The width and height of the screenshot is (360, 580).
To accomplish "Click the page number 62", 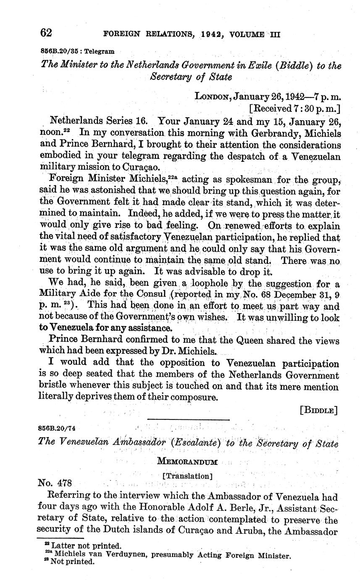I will click(x=46, y=32).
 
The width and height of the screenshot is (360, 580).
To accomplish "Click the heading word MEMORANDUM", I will click(x=187, y=462).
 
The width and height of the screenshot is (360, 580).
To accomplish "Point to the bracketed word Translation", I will click(x=187, y=476).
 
